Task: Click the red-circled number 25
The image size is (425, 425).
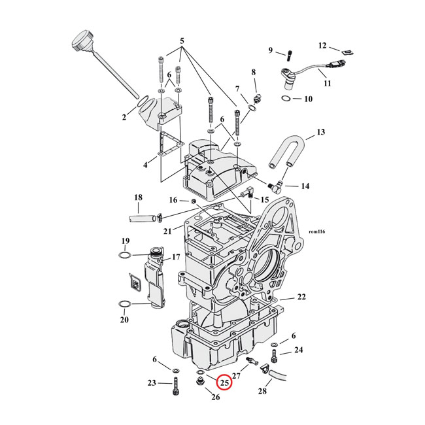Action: pos(224,383)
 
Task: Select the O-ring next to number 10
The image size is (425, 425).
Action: pos(285,99)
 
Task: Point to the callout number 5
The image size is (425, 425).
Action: pos(182,41)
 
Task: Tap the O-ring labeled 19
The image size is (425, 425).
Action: pos(126,254)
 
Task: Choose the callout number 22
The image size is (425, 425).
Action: pos(301,297)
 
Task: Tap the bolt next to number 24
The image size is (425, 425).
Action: pos(275,357)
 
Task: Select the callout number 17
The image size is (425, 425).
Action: pos(175,258)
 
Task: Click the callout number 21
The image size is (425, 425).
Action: pos(168,230)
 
